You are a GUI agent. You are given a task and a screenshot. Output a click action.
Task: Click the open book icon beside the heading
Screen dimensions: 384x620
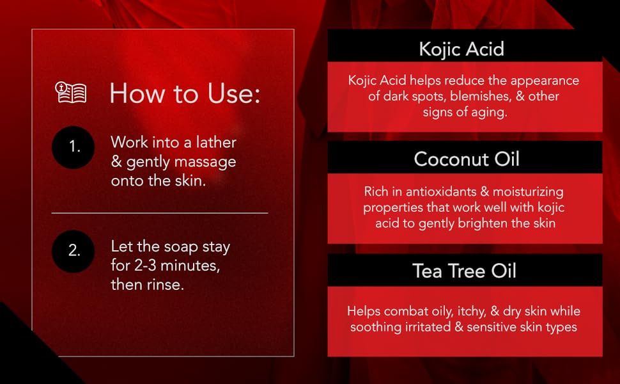click(70, 93)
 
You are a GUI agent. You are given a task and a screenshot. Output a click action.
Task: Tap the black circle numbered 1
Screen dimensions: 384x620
click(74, 147)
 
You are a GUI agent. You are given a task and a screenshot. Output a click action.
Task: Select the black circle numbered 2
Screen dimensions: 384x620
click(74, 251)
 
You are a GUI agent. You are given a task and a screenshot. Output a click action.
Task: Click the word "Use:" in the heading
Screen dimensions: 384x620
click(228, 93)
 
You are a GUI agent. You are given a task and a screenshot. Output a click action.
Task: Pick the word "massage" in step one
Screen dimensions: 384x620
click(203, 161)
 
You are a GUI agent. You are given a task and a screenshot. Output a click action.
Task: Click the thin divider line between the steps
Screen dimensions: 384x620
click(160, 212)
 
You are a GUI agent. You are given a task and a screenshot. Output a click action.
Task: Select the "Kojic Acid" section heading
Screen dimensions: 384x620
click(461, 49)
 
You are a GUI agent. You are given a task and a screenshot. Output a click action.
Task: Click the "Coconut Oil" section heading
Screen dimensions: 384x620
click(467, 159)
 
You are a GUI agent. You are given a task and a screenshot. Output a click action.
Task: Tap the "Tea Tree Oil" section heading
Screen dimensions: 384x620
click(465, 271)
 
